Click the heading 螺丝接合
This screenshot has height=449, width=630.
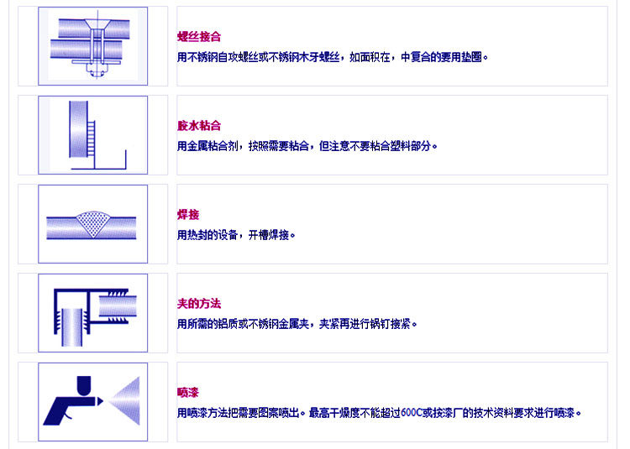coord(199,37)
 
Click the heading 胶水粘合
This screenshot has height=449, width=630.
coord(199,126)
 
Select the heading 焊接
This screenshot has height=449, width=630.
coord(188,215)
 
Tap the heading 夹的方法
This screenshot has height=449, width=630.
coord(199,304)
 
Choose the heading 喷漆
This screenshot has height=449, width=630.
coord(188,393)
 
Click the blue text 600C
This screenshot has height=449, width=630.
coord(412,413)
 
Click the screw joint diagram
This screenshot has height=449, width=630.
coord(92,45)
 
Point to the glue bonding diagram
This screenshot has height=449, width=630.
coord(92,134)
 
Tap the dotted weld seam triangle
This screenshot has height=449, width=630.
coord(93,222)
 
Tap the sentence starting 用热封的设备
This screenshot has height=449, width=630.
coord(236,235)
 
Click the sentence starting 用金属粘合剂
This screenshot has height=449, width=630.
coord(307,146)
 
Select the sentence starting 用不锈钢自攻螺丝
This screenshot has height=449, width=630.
coord(332,57)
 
